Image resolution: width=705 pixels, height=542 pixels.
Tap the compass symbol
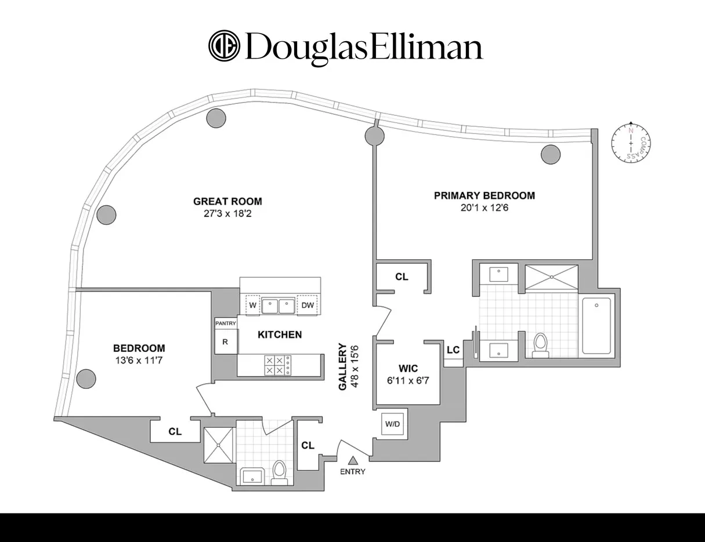[631, 143]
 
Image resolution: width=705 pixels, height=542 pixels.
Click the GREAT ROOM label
[227, 202]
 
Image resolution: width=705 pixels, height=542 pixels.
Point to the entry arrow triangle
[352, 460]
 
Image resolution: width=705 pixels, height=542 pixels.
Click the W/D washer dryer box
[392, 424]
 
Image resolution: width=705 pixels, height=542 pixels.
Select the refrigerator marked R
[225, 341]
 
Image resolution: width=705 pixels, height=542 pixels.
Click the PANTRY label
[225, 323]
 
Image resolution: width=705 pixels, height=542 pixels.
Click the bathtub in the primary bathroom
[596, 325]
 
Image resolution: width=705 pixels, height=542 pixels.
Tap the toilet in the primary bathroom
[541, 344]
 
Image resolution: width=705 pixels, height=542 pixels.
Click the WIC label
[408, 368]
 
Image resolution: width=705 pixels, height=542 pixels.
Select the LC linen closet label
[453, 350]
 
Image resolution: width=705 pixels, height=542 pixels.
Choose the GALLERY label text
[343, 368]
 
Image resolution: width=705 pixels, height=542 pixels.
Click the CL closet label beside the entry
[308, 445]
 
